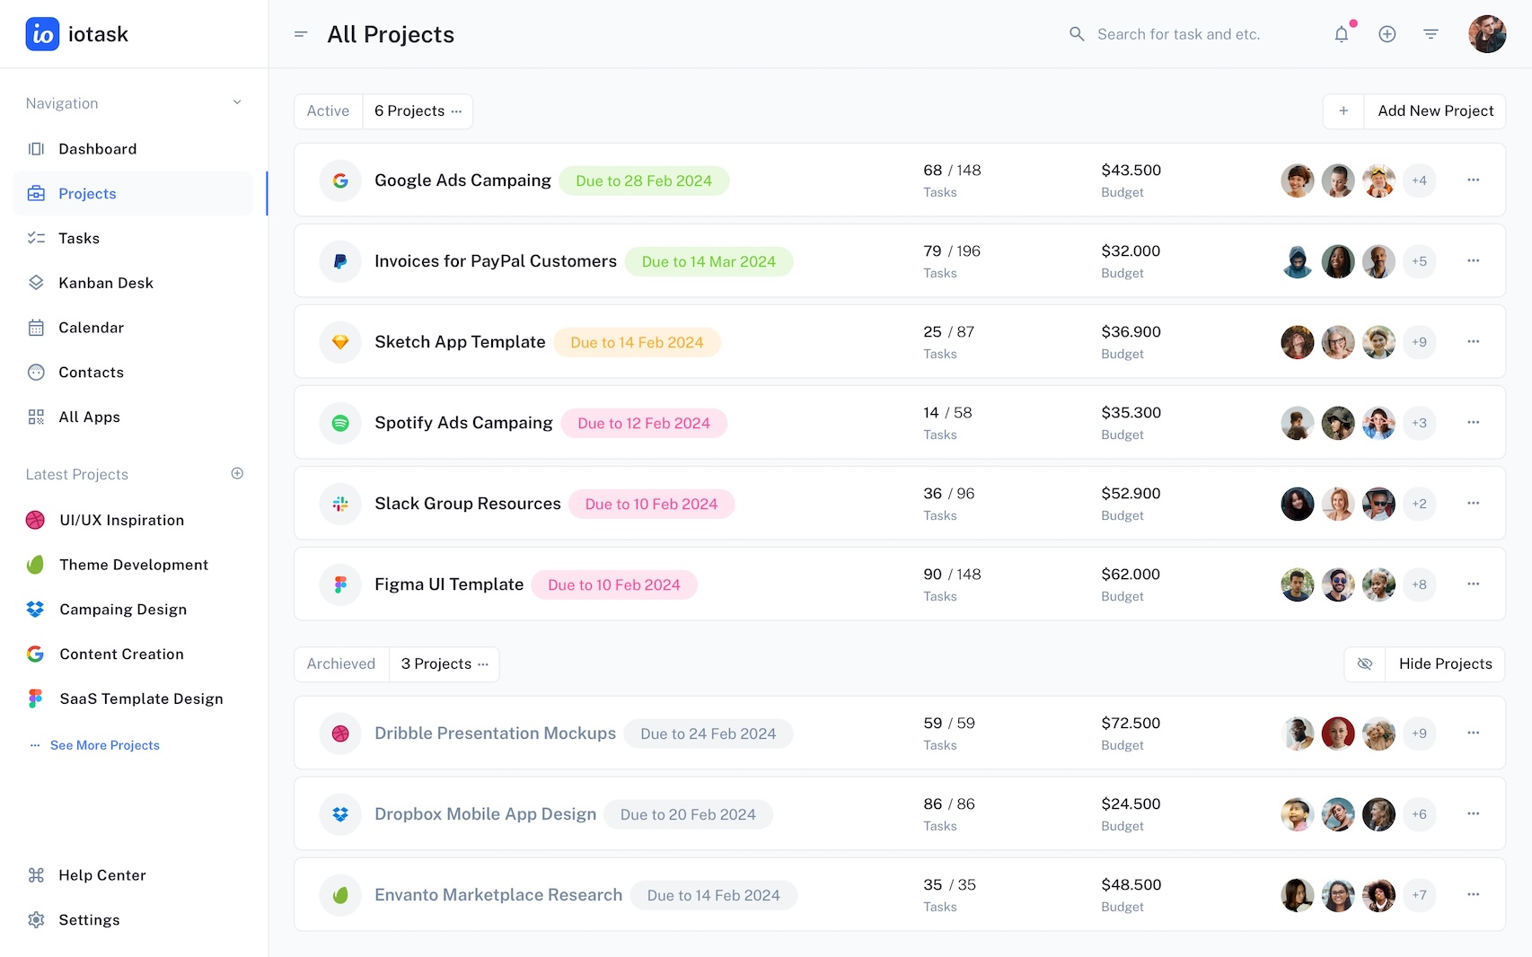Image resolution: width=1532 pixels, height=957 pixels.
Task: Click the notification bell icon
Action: point(1341,34)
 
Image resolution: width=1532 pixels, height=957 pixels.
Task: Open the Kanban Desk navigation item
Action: point(105,283)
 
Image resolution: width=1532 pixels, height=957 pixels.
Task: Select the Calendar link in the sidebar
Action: point(91,328)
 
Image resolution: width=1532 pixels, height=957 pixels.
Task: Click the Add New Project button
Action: point(1435,111)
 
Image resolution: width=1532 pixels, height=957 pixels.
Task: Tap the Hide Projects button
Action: point(1445,664)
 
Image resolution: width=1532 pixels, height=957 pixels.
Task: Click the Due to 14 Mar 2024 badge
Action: point(709,262)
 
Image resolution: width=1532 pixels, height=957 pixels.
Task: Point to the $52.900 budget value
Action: point(1131,494)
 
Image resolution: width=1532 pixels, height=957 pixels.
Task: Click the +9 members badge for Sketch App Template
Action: point(1419,342)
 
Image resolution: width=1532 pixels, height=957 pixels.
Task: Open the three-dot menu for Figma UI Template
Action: point(1473,584)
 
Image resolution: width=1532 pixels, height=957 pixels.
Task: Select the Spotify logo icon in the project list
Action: point(340,423)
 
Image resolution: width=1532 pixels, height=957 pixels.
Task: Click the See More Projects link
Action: point(104,745)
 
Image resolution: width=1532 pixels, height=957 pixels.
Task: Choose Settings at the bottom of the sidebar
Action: point(89,920)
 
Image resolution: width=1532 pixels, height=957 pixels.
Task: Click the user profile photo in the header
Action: point(1486,34)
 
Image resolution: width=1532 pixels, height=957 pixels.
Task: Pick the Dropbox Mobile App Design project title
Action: point(485,814)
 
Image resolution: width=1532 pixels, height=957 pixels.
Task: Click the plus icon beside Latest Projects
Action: point(237,474)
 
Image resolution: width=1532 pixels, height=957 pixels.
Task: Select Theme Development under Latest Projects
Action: point(134,565)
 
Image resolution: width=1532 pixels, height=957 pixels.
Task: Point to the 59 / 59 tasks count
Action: point(948,724)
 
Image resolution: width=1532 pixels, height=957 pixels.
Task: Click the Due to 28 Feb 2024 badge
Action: point(644,181)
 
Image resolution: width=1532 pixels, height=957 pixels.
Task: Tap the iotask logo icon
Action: point(42,34)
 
